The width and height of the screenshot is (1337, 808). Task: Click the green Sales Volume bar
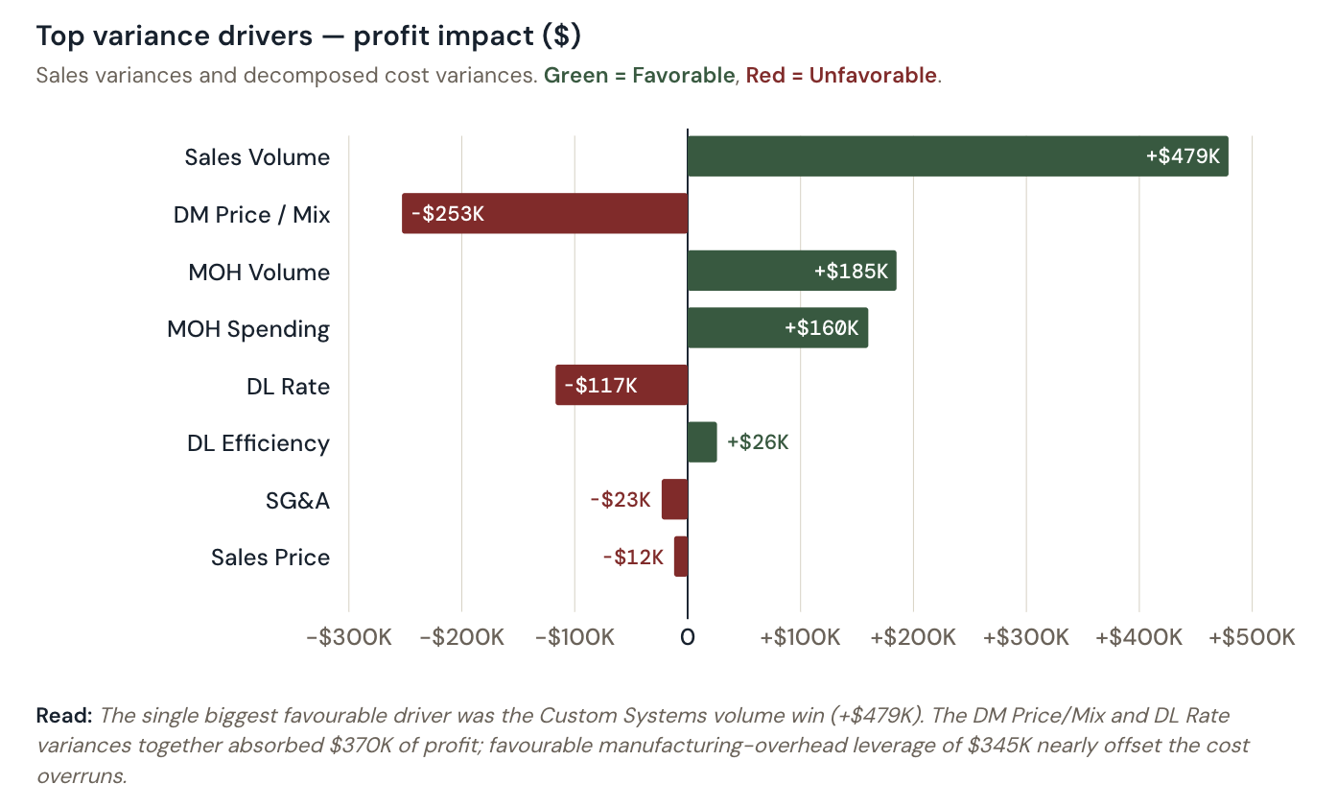tap(911, 156)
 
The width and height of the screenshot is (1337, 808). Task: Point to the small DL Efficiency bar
tap(702, 441)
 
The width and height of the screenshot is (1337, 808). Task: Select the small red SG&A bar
tap(675, 499)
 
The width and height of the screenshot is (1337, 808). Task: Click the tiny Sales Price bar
tap(681, 557)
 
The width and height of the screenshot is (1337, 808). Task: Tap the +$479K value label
tap(1183, 156)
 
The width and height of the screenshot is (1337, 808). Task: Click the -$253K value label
tap(447, 214)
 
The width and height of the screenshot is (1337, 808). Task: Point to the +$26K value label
tap(758, 442)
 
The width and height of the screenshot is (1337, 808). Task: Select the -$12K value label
tap(632, 557)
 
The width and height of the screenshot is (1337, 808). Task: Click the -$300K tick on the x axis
tap(348, 637)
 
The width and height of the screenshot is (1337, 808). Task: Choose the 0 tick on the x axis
tap(688, 637)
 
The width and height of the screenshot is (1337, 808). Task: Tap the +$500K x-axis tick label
tap(1252, 637)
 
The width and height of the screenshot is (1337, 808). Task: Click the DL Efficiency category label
tap(258, 443)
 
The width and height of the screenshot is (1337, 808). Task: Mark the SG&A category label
tap(297, 500)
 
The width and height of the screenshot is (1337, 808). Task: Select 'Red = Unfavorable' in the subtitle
tap(841, 75)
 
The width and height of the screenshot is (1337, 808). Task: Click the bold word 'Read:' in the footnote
tap(63, 715)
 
